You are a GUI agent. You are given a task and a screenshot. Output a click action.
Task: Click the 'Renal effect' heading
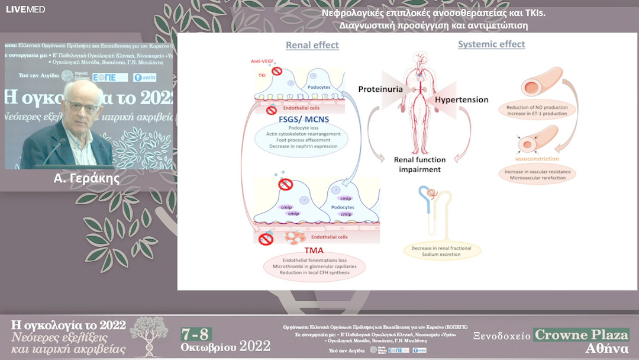point(312,45)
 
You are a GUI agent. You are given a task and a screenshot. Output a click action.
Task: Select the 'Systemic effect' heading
point(491,44)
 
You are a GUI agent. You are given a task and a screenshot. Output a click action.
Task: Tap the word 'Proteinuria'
point(380,89)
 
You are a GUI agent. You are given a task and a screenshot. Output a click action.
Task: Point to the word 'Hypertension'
point(461,99)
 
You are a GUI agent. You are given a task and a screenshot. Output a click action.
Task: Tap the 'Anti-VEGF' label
point(263,62)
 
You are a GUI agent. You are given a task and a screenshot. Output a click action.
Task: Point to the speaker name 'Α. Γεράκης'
point(86,178)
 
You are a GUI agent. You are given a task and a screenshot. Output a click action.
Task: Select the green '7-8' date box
point(196,334)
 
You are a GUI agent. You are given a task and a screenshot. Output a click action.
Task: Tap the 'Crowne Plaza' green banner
point(581,334)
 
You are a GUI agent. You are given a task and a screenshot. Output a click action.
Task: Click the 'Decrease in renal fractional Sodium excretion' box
point(442,250)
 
